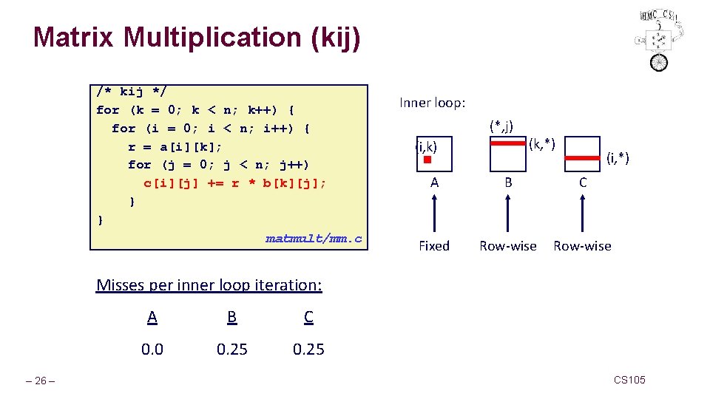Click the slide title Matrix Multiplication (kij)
coord(197,37)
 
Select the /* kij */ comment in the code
coord(132,92)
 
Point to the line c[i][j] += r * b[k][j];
coord(234,183)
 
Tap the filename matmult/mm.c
coord(314,238)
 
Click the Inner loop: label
coord(432,103)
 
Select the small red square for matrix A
coord(427,160)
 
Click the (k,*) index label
coord(541,140)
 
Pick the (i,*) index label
coord(618,157)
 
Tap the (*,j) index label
coord(501,126)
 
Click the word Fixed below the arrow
coord(433,246)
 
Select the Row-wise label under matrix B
coord(507,246)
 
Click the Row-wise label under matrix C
coord(582,246)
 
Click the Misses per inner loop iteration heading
coord(209,285)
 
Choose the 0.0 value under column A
coord(152,349)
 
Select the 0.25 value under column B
coord(232,349)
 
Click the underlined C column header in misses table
coord(308,317)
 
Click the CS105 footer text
coord(629,380)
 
